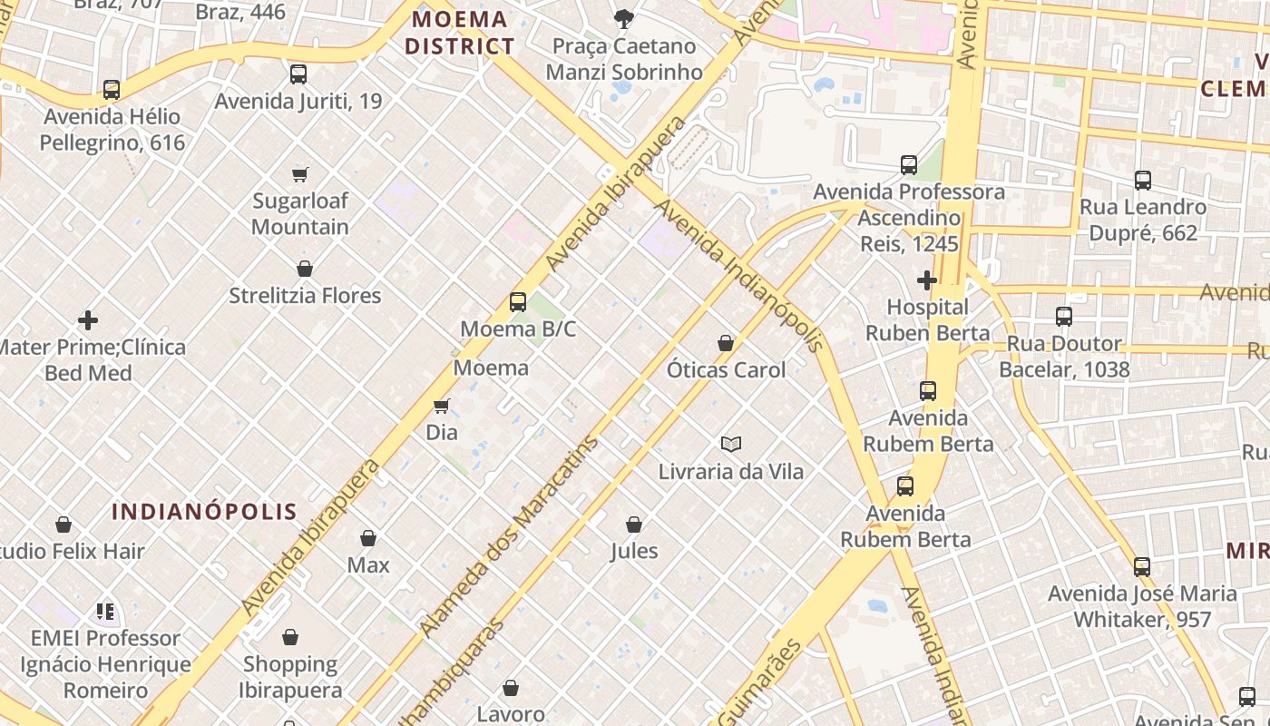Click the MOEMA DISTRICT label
(459, 33)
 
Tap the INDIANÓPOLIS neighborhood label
(204, 511)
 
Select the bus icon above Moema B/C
(518, 302)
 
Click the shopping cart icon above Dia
(442, 406)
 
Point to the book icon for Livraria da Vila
(731, 444)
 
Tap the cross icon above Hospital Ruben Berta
(926, 280)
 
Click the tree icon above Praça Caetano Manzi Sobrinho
(623, 18)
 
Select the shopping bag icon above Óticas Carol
(726, 343)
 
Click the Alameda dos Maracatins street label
(509, 536)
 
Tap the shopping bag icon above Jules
(634, 525)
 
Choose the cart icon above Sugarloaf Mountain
(300, 174)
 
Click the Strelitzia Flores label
(305, 296)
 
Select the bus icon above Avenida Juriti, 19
(298, 74)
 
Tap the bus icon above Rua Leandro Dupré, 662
(1143, 181)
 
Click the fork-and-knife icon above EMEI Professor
(105, 612)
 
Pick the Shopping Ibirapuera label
(290, 677)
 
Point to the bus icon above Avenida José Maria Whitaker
(1142, 567)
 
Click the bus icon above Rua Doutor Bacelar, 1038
(1064, 317)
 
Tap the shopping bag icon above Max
(368, 539)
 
